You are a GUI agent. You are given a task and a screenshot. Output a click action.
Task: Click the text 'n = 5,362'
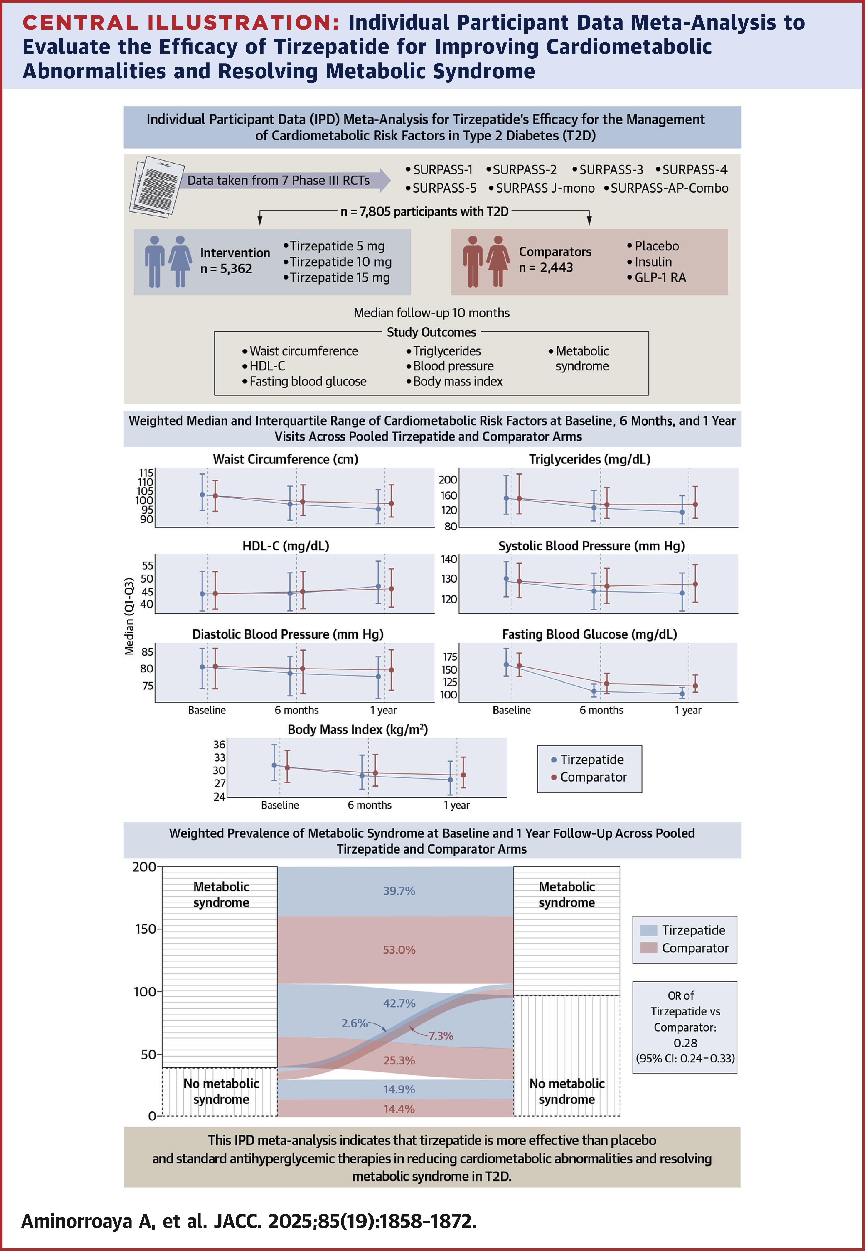pyautogui.click(x=226, y=269)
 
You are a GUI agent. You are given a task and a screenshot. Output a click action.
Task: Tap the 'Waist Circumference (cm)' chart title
pyautogui.click(x=286, y=459)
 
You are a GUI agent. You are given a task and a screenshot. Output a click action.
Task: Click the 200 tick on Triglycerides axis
pyautogui.click(x=448, y=480)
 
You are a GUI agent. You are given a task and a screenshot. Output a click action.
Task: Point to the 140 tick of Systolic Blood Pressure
pyautogui.click(x=449, y=559)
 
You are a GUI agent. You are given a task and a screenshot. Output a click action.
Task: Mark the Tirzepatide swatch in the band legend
pyautogui.click(x=649, y=930)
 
